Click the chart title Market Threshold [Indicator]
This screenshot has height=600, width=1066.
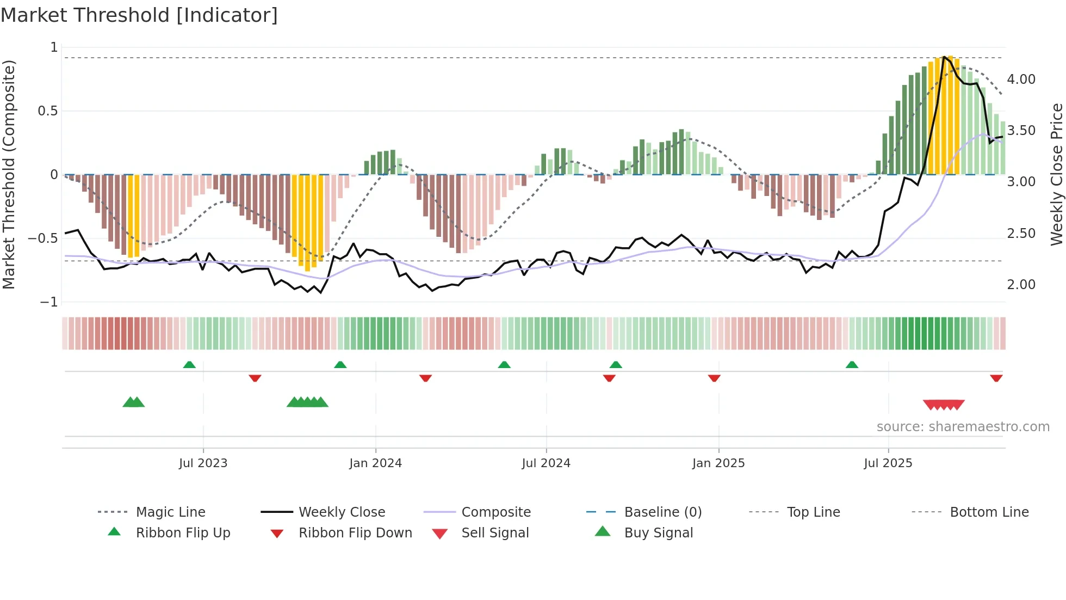pos(139,15)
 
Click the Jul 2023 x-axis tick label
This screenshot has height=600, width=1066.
pos(203,463)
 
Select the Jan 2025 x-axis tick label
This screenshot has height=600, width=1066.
pos(718,463)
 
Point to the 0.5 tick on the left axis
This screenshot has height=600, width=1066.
pos(47,111)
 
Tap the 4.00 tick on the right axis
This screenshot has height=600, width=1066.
pos(1021,79)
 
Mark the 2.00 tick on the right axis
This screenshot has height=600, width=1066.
pos(1021,284)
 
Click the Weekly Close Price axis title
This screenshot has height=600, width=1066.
pos(1056,174)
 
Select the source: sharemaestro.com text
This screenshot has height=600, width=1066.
pos(963,426)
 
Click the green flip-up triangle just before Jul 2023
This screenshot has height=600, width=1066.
pos(189,365)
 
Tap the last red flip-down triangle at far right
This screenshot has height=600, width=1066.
pos(996,378)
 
